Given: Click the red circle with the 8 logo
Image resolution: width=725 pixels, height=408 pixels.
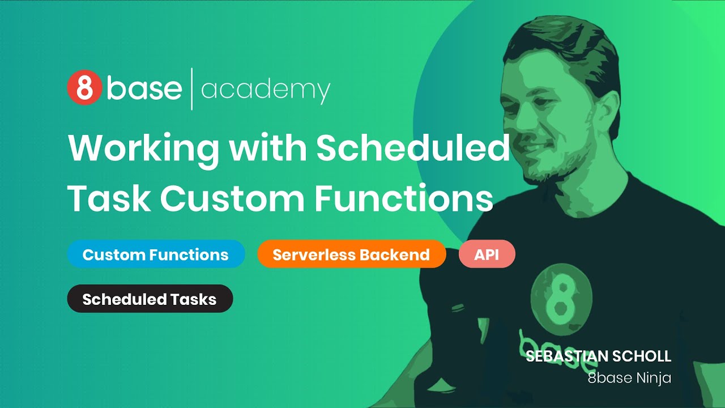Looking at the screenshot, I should click(84, 88).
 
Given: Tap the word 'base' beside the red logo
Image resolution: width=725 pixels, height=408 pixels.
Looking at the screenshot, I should click(144, 88).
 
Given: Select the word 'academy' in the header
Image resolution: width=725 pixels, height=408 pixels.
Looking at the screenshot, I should click(265, 90).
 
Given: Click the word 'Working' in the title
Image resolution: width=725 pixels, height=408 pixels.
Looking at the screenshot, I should click(143, 148).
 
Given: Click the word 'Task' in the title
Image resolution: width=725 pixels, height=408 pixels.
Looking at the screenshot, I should click(109, 198).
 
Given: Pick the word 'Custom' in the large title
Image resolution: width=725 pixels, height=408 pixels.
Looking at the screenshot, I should click(232, 198).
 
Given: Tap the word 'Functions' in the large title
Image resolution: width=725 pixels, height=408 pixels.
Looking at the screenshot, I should click(403, 198).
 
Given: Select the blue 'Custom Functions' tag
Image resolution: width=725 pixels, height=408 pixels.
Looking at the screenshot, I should click(156, 254).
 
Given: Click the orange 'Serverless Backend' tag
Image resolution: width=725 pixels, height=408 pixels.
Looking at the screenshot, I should click(351, 254).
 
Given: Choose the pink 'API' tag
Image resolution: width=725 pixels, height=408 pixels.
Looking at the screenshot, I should click(487, 254).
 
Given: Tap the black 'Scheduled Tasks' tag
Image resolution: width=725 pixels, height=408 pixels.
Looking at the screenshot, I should click(150, 299).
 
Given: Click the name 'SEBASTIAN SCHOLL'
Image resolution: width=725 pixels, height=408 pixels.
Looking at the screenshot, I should click(598, 356).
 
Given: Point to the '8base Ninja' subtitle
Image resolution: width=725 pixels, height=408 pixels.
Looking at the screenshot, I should click(629, 378).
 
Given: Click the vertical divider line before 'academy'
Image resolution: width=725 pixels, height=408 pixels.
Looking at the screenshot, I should click(191, 89).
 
